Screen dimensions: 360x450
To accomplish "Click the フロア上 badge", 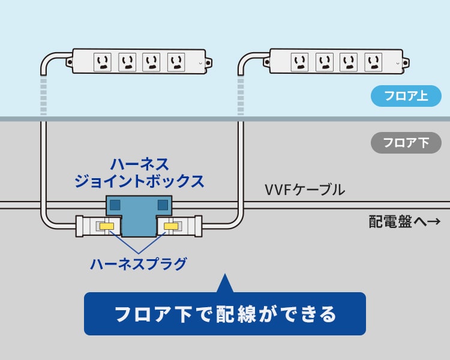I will [x=406, y=95].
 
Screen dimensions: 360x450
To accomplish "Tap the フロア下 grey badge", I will [x=406, y=143].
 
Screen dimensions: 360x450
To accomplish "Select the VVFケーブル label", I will [x=305, y=190].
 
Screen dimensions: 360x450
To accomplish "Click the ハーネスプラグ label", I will [x=139, y=263].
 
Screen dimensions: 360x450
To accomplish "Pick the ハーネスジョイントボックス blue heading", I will [x=139, y=172].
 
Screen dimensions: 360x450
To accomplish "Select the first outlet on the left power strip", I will [x=103, y=61].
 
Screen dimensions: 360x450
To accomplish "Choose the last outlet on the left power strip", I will [x=176, y=61].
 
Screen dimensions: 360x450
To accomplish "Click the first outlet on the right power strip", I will [x=300, y=61].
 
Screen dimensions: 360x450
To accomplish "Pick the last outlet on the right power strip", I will [x=373, y=61].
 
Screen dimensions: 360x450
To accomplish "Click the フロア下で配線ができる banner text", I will [x=225, y=314].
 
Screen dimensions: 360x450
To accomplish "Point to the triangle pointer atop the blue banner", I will [x=224, y=284].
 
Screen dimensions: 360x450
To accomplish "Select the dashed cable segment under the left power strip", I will [x=43, y=96].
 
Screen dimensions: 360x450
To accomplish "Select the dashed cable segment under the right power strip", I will [x=241, y=96].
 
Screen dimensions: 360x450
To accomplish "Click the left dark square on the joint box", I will [x=116, y=205].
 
